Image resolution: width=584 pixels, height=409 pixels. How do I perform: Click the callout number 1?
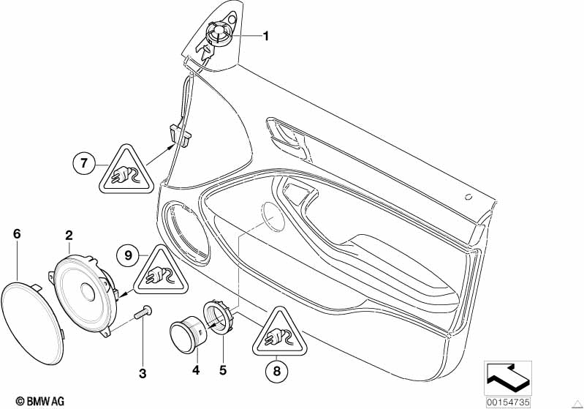tap(266, 36)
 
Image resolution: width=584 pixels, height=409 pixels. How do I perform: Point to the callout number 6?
tap(17, 234)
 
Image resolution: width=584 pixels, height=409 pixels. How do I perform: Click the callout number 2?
tap(69, 235)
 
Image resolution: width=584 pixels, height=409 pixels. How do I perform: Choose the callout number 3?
tap(143, 374)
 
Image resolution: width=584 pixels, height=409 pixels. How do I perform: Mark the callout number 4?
tap(195, 371)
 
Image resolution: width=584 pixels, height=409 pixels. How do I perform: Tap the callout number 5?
tap(224, 371)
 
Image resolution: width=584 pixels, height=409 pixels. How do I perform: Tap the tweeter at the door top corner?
tap(219, 34)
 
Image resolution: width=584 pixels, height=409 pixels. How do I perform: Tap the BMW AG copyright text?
tap(36, 400)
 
